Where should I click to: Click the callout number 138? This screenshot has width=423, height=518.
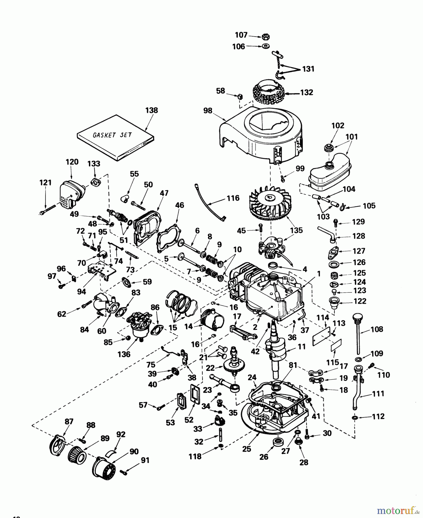pyautogui.click(x=151, y=110)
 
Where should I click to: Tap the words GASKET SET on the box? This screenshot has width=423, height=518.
pyautogui.click(x=112, y=135)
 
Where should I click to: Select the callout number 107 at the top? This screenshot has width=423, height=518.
pyautogui.click(x=241, y=35)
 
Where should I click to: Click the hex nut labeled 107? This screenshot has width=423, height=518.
pyautogui.click(x=266, y=37)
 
